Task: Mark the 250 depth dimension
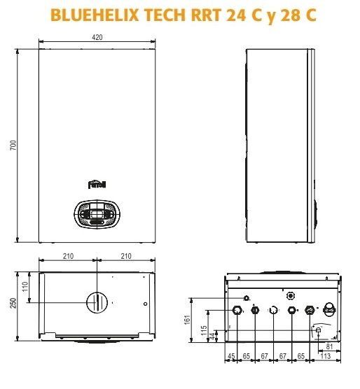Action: pos(12,302)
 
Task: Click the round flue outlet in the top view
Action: pos(97,302)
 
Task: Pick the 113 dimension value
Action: pos(325,357)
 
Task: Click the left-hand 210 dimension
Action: pos(68,257)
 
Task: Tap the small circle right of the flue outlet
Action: pos(144,304)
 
